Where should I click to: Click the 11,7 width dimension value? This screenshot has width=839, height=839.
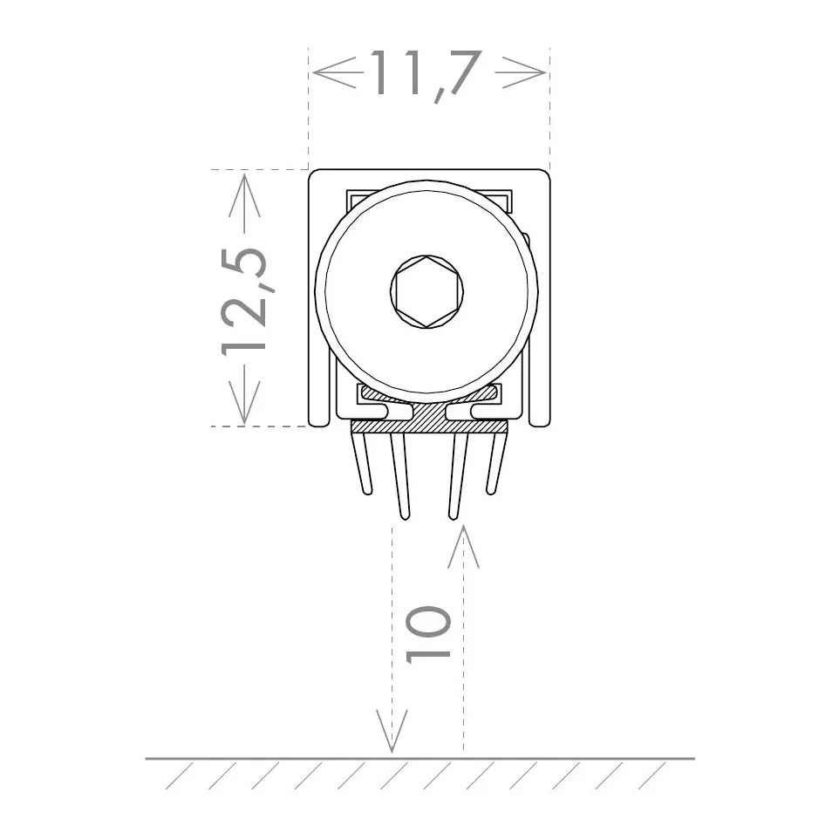coord(428,73)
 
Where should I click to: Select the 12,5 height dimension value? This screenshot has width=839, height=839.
coord(243,299)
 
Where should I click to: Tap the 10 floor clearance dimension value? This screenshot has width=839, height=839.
coord(429,633)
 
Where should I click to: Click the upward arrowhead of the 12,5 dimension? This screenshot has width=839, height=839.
coord(244,194)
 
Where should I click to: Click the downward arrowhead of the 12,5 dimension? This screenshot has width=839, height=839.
coord(244,402)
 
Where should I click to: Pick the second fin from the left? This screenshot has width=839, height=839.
coord(399,475)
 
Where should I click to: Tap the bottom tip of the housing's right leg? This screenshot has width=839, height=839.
coord(538,423)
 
